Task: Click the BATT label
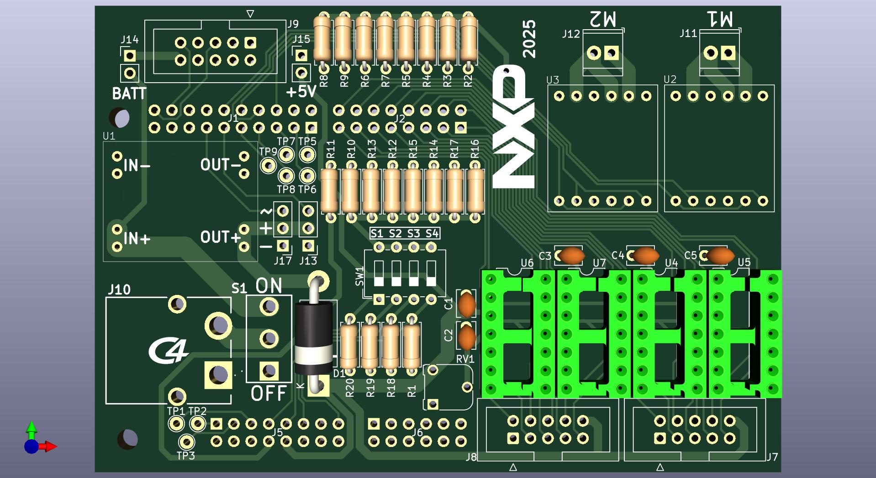tap(129, 94)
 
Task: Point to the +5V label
tap(301, 92)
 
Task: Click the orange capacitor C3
tap(571, 256)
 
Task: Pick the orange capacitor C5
tap(720, 256)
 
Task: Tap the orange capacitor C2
tap(467, 337)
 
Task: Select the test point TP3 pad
tap(186, 441)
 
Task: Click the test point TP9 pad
tap(268, 165)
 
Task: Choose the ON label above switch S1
tap(269, 286)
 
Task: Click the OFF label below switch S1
tap(269, 393)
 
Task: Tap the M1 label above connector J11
tap(720, 19)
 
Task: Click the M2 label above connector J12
tap(603, 19)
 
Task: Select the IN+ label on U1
tap(137, 238)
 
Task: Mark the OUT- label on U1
tap(221, 165)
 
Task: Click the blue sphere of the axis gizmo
tap(31, 446)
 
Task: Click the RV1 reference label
tap(465, 359)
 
